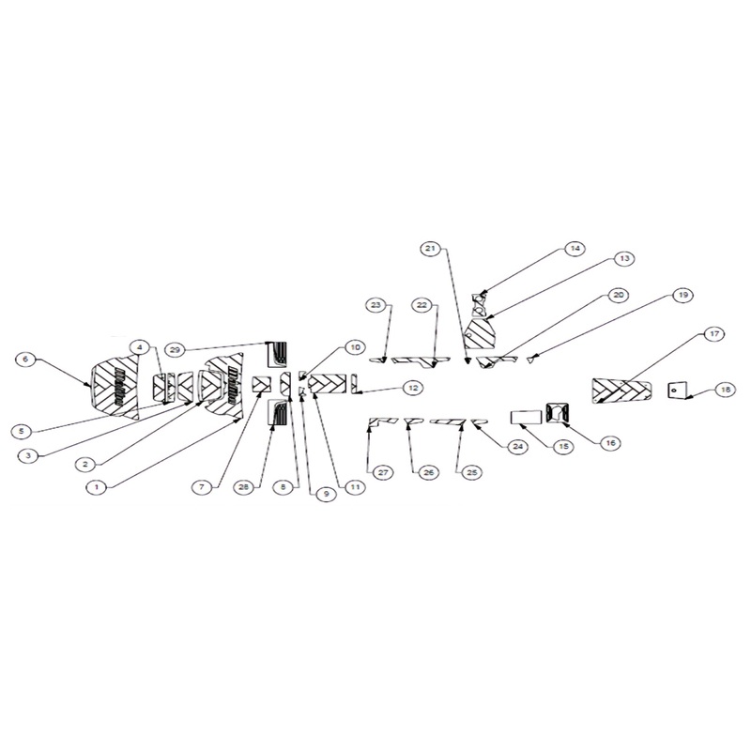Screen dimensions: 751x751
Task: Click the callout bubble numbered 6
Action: pyautogui.click(x=27, y=358)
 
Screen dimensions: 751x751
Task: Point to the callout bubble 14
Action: pyautogui.click(x=575, y=249)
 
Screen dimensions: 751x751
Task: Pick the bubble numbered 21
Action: pyautogui.click(x=430, y=249)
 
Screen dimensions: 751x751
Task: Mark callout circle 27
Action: pyautogui.click(x=383, y=471)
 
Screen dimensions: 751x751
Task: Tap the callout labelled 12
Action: pyautogui.click(x=412, y=387)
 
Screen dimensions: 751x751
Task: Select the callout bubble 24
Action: pyautogui.click(x=515, y=448)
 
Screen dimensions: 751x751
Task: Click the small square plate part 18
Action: pyautogui.click(x=676, y=390)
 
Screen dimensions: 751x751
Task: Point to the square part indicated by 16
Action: pyautogui.click(x=558, y=412)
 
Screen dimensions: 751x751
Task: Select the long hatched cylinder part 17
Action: pyautogui.click(x=620, y=390)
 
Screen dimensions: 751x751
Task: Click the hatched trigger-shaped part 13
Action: pyautogui.click(x=480, y=330)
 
